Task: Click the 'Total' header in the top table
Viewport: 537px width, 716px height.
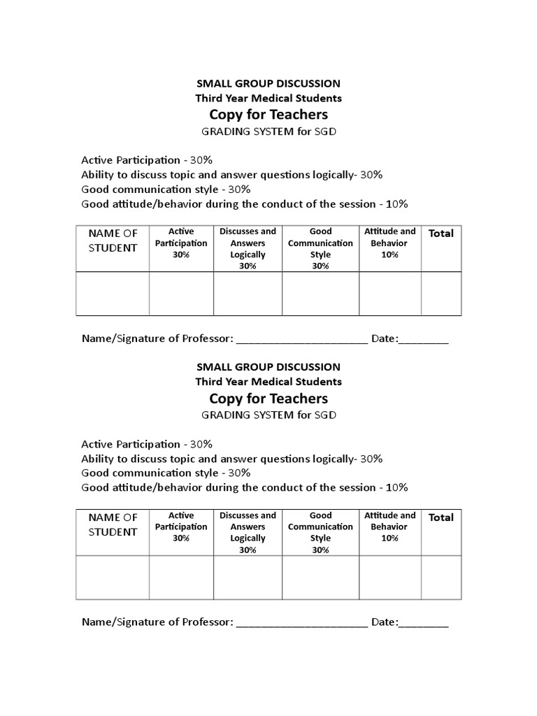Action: click(x=441, y=234)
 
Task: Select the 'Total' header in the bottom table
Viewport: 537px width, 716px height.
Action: click(x=441, y=517)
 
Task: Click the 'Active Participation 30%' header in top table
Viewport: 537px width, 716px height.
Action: click(x=181, y=243)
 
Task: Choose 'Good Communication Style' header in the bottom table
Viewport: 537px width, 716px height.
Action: click(x=320, y=533)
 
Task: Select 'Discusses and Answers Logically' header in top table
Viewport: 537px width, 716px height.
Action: click(x=248, y=248)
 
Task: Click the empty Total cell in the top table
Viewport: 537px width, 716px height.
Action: click(x=441, y=294)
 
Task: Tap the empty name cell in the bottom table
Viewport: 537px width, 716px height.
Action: click(x=113, y=578)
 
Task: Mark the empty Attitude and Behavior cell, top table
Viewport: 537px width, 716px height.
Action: click(x=389, y=294)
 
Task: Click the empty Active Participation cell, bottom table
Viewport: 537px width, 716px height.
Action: click(x=181, y=578)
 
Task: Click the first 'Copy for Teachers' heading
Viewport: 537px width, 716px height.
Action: click(x=268, y=114)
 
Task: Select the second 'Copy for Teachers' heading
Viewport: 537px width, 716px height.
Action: click(x=268, y=398)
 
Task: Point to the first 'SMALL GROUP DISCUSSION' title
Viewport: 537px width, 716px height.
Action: click(x=268, y=83)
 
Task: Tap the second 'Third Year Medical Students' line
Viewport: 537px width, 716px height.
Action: click(x=268, y=382)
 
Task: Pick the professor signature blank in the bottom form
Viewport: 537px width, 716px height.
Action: click(x=301, y=623)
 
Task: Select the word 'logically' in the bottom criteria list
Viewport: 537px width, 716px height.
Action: click(x=333, y=459)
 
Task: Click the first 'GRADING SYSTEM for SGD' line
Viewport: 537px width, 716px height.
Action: click(x=268, y=131)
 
